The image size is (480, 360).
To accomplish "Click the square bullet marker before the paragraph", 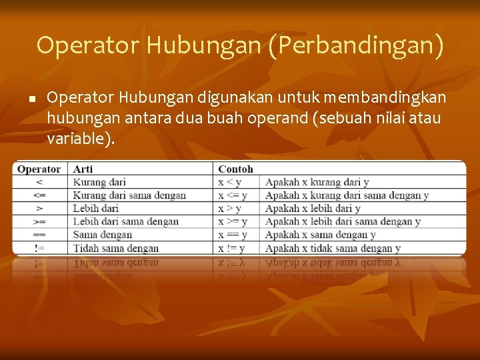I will [x=31, y=99].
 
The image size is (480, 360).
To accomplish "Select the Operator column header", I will [x=39, y=169].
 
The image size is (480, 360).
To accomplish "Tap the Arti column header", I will [x=83, y=169].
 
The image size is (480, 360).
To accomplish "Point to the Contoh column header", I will [x=235, y=169].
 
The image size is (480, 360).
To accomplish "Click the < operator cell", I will [x=39, y=182].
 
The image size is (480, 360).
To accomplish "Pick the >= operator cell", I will [x=39, y=221].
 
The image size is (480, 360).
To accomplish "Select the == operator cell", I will [x=39, y=235].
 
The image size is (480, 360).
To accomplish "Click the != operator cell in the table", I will [x=39, y=248].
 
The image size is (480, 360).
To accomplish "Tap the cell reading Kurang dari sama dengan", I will [x=129, y=195].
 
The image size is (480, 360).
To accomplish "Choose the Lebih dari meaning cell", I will [x=95, y=209].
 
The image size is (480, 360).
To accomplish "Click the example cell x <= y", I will [x=233, y=195].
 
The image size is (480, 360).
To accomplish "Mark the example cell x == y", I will [x=233, y=235].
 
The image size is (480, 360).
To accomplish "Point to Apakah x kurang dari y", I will [x=317, y=182].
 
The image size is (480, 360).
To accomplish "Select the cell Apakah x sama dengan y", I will [x=320, y=235].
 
